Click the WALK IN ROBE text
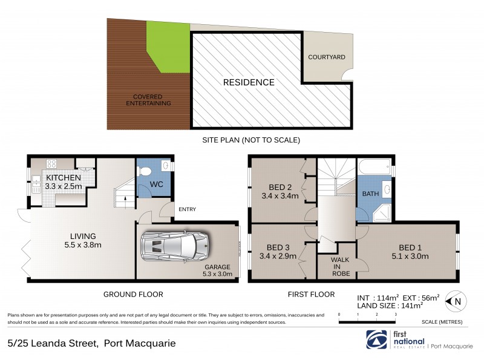coord(336,266)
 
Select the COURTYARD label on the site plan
coord(326,57)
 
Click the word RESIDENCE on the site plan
coord(249,82)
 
